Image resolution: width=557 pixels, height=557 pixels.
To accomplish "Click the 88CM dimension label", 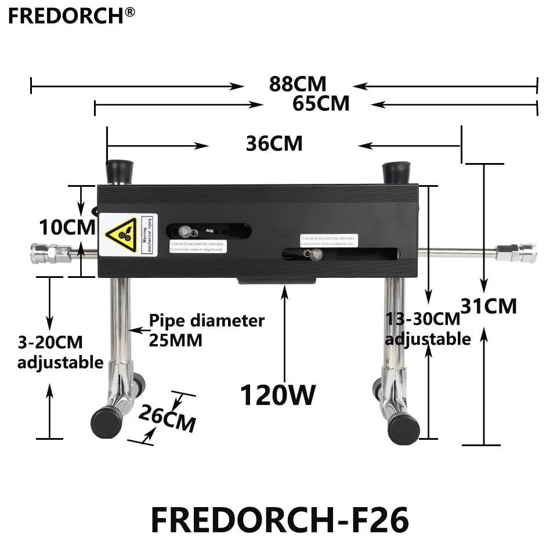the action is coord(298,84).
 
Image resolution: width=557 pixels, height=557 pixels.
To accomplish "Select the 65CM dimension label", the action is coord(321,103).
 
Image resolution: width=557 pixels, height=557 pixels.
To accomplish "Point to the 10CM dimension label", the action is coord(67,227).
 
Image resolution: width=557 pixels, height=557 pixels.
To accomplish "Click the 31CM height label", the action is coord(488,305).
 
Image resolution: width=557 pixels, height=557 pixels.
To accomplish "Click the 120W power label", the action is coord(278,396).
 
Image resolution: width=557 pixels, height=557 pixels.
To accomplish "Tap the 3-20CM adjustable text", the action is coord(60,352).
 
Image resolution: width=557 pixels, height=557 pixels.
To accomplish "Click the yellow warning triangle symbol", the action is coord(121,234).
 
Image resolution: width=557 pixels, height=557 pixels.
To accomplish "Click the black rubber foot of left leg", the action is coord(106,424).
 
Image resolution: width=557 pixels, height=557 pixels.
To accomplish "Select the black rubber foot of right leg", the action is coord(403,426).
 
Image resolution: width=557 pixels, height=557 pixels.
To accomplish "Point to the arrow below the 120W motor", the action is coord(284,331).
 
